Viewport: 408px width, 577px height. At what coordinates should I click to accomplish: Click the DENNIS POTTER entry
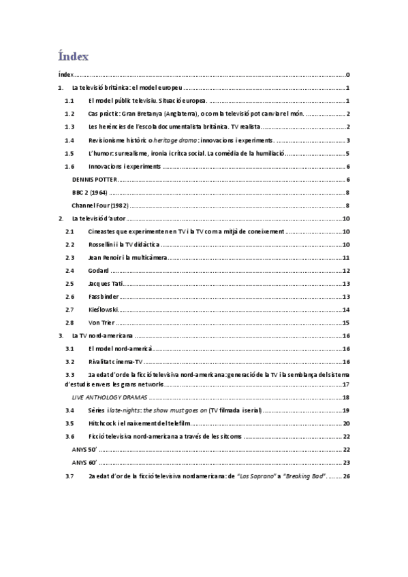pos(95,180)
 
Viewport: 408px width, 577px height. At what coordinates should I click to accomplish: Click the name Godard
pos(99,271)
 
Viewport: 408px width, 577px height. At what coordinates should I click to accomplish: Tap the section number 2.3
pos(69,258)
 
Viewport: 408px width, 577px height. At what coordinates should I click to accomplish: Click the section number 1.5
pos(69,153)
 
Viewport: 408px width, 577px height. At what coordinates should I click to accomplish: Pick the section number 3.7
pos(69,476)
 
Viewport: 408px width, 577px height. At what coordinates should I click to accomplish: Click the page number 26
pos(346,476)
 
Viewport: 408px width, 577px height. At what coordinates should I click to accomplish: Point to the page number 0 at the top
pos(347,75)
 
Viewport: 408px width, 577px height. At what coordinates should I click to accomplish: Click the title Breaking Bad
pos(302,476)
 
